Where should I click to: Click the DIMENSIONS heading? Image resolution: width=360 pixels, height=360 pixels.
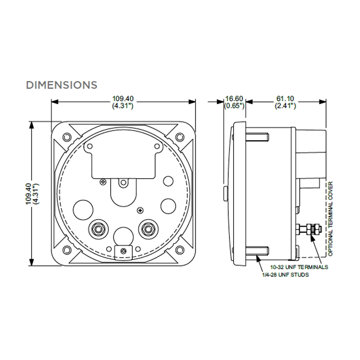coord(62,84)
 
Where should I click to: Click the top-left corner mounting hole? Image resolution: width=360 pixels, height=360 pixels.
coord(67,137)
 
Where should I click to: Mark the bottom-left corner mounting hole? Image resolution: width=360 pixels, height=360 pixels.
coord(67,250)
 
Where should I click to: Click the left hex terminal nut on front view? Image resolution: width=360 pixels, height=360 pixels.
coord(98,229)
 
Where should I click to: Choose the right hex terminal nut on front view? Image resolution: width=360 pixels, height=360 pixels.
coord(147,229)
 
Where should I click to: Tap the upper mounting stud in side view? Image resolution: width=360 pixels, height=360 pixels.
coord(258,136)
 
